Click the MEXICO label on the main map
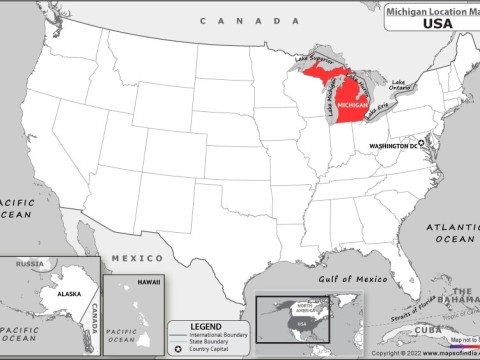click(130, 257)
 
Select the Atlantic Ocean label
click(452, 233)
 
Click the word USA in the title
click(436, 24)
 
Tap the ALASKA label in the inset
click(41, 296)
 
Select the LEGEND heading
click(206, 327)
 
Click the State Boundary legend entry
click(211, 342)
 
